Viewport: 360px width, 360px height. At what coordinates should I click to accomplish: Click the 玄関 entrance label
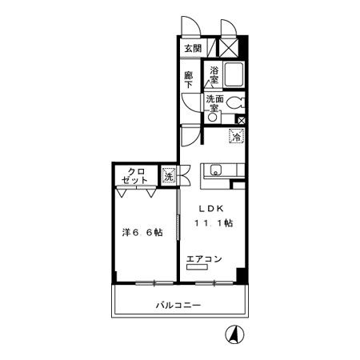tap(193, 49)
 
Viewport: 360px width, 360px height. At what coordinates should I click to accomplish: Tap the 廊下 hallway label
tap(189, 80)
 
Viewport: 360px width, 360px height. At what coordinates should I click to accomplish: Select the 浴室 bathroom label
tap(214, 75)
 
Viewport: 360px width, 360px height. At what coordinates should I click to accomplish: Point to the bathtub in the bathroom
tap(234, 74)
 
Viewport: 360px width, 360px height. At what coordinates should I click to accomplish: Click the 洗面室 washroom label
tap(214, 103)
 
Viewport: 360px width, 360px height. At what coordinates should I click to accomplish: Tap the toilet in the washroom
tap(237, 102)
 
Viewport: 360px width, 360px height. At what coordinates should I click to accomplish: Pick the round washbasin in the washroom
tap(213, 118)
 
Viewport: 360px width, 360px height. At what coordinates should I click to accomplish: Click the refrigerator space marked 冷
tap(237, 136)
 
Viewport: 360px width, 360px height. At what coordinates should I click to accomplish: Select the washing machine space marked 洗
tap(169, 176)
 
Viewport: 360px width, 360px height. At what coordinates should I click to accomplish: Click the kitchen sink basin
tap(216, 170)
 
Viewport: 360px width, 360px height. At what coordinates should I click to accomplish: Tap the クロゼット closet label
tap(134, 175)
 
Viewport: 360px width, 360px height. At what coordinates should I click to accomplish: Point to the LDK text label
tap(211, 209)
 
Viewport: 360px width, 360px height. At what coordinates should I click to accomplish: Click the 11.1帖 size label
tap(214, 222)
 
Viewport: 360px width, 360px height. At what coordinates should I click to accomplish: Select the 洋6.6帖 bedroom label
tap(142, 232)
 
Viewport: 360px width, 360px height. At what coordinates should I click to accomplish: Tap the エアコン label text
tap(204, 258)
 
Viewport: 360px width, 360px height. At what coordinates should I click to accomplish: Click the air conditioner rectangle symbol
tap(197, 267)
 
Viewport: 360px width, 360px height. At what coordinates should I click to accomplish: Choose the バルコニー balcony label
tap(178, 305)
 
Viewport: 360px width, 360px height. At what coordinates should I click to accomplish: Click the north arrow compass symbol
tap(234, 334)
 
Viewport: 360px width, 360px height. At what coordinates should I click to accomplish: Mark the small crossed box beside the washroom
tap(242, 121)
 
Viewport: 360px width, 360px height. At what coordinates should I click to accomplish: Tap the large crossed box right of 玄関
tap(229, 48)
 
